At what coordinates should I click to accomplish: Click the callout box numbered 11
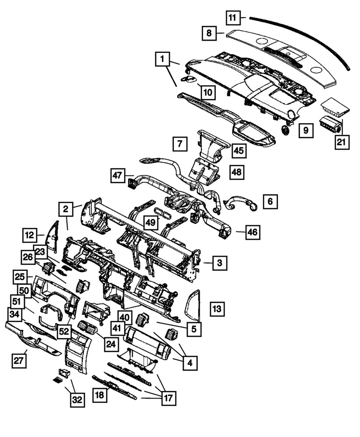(233, 18)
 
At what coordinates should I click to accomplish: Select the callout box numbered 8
(210, 33)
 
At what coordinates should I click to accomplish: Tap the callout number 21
(343, 142)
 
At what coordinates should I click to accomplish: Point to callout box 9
(306, 130)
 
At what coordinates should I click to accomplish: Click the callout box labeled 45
(238, 151)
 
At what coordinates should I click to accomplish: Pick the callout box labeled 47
(117, 176)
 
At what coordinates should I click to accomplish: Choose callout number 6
(270, 201)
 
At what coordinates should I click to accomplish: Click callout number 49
(150, 223)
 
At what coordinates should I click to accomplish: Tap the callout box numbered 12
(30, 236)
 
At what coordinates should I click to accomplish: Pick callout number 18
(100, 395)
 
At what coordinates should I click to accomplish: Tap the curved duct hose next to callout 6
(241, 202)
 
